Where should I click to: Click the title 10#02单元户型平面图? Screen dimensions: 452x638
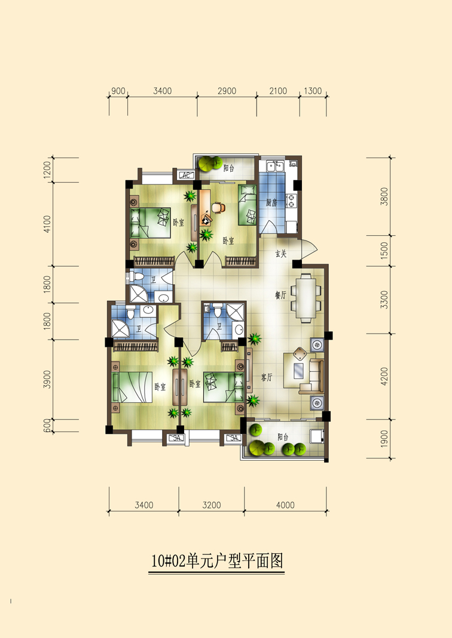217,560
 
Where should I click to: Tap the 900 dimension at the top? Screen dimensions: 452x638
118,91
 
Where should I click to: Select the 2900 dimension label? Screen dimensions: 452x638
227,91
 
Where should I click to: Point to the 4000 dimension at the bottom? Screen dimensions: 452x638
285,506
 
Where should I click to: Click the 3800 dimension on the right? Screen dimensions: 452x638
384,196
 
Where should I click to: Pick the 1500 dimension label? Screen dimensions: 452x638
384,251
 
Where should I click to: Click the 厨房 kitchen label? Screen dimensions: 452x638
271,203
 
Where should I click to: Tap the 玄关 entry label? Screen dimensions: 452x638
281,254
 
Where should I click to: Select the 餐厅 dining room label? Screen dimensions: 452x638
280,295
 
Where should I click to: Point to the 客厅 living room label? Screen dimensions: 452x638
267,377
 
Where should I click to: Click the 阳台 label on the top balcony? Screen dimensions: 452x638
228,168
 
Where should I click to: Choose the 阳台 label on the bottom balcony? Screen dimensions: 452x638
283,437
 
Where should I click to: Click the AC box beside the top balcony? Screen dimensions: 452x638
186,175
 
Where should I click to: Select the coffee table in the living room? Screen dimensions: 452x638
299,371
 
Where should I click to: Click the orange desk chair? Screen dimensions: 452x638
218,207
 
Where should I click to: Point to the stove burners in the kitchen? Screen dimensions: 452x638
292,201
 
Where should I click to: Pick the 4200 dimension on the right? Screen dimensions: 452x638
384,377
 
